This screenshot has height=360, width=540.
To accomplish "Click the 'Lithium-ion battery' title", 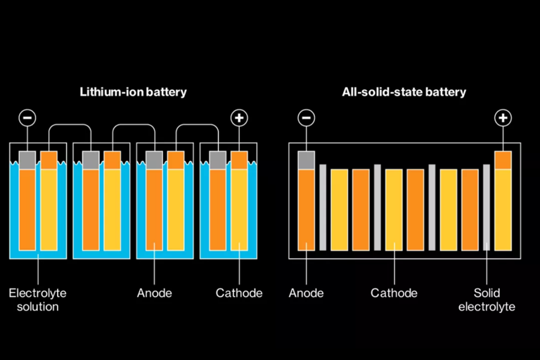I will (134, 92).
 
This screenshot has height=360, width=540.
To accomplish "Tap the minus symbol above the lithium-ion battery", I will (27, 117).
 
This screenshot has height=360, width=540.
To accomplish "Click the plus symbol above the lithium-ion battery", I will (239, 117).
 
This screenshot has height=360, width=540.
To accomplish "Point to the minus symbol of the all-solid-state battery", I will (307, 117).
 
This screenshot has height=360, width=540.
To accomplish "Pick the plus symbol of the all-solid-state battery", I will (503, 117).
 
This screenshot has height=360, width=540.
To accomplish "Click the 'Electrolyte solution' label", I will (33, 300).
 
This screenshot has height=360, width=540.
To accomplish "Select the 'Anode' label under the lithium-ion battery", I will (154, 293).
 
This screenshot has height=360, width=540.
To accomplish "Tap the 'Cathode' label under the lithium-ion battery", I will (239, 293).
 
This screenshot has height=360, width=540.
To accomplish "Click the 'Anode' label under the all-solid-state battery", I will (307, 293).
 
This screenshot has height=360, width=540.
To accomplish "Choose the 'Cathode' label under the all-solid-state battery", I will (394, 293).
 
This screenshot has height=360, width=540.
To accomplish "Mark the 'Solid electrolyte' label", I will (487, 300).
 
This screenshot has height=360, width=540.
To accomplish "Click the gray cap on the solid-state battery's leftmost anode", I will (307, 160).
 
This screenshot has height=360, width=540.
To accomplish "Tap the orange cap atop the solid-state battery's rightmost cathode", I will (503, 160).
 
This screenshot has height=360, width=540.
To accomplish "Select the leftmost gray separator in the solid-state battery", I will (323, 207).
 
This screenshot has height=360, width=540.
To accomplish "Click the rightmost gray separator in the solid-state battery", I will (487, 207).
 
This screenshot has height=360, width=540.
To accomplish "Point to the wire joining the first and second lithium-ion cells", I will (70, 126).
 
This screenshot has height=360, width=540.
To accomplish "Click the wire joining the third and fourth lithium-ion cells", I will (196, 126).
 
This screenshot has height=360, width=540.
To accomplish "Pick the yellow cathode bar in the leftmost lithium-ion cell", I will (49, 210).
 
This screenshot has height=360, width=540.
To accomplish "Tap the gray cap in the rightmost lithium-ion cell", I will (218, 160).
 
